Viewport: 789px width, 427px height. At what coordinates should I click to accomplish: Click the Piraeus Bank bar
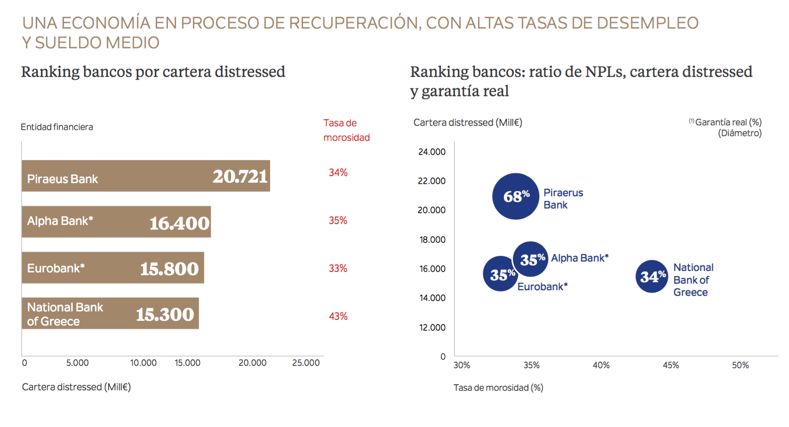tap(146, 176)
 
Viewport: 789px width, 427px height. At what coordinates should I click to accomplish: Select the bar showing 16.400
tap(116, 222)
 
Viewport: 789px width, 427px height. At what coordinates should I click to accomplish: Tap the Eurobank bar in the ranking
tap(113, 268)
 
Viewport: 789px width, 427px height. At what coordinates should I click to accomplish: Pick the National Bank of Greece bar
tap(110, 313)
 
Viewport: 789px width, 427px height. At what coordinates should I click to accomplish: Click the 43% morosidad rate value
tap(338, 316)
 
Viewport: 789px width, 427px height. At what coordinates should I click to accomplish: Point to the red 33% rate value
tap(338, 268)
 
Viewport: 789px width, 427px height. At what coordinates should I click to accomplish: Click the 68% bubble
tap(516, 196)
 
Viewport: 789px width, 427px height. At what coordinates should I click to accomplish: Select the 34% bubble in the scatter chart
tap(652, 277)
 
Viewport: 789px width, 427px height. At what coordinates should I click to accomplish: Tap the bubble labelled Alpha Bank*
tap(531, 259)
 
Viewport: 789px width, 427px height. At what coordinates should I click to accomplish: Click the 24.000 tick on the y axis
tap(431, 152)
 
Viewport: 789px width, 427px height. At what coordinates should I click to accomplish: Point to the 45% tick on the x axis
tap(670, 365)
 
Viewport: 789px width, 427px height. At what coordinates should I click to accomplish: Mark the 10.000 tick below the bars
tap(143, 363)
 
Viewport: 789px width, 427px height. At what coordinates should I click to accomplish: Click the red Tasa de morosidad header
tap(346, 130)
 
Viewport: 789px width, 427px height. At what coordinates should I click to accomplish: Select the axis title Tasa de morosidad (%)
tap(498, 388)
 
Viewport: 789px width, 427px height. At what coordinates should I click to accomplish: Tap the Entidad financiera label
tap(57, 127)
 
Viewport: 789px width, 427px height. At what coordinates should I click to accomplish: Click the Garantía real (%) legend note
tap(727, 123)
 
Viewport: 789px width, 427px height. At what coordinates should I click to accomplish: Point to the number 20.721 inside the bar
tap(240, 177)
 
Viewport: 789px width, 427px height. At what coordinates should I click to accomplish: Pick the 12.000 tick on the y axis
tap(432, 327)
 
